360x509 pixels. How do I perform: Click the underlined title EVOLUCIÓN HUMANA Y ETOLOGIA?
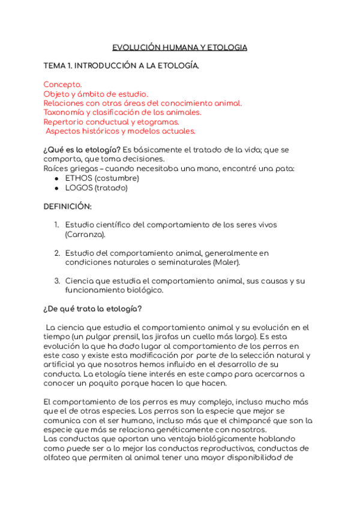click(180, 47)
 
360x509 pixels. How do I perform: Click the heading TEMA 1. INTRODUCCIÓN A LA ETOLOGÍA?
click(121, 66)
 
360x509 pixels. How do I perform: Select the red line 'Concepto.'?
click(62, 85)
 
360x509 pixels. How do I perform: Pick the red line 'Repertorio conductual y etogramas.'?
click(111, 121)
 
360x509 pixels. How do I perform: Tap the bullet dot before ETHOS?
click(56, 178)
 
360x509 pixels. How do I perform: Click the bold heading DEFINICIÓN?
click(67, 206)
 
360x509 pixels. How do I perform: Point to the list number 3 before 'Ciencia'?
click(56, 281)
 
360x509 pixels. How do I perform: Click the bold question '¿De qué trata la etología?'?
click(92, 309)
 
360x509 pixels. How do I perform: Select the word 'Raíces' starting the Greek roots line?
click(55, 169)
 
